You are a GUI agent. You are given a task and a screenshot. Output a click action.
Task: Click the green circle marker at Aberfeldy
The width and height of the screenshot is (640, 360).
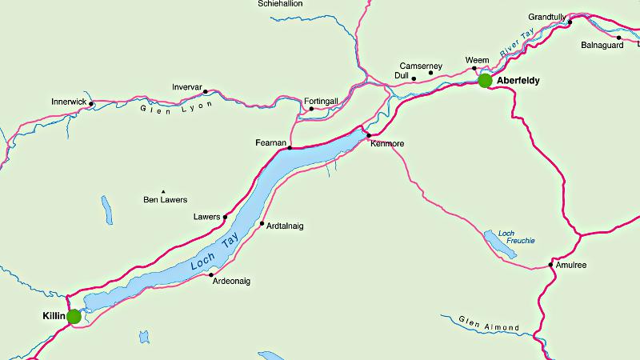pyautogui.click(x=485, y=80)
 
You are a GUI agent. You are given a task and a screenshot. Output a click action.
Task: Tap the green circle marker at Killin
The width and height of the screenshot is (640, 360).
pyautogui.click(x=74, y=317)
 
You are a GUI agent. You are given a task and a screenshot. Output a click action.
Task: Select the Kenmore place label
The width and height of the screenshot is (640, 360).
pyautogui.click(x=388, y=143)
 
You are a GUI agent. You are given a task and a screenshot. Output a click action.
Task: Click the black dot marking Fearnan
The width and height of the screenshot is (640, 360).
pyautogui.click(x=289, y=148)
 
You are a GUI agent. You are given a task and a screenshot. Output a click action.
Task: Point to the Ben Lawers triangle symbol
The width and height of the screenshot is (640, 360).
pyautogui.click(x=162, y=191)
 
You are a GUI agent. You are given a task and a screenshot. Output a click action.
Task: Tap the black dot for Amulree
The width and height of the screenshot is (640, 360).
pyautogui.click(x=550, y=265)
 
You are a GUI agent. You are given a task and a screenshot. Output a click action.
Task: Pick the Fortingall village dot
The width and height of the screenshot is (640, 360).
pyautogui.click(x=311, y=108)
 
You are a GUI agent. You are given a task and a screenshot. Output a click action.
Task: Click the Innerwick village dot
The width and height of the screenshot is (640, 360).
pyautogui.click(x=91, y=103)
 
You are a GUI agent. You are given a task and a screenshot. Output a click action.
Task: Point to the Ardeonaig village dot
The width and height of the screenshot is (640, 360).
pyautogui.click(x=211, y=275)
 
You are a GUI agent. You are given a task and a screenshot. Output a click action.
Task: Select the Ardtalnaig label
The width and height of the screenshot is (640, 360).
pyautogui.click(x=285, y=226)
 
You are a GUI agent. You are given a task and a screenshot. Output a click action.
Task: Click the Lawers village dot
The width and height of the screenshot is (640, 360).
pyautogui.click(x=225, y=217)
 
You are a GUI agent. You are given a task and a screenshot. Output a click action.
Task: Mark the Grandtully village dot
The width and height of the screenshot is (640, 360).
pyautogui.click(x=570, y=22)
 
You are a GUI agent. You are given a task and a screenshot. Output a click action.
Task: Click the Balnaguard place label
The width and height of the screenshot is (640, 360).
pyautogui.click(x=602, y=45)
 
